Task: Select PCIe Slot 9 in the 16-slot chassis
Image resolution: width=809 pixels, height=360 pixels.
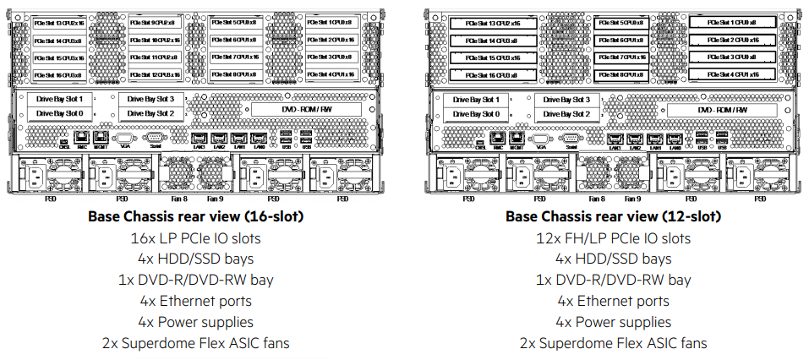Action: click(154, 23)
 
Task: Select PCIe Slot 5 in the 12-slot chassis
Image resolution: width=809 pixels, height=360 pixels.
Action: click(621, 23)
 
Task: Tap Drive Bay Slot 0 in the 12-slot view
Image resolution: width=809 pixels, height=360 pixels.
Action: click(475, 113)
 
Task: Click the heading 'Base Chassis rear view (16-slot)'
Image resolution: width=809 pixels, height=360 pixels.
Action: click(196, 217)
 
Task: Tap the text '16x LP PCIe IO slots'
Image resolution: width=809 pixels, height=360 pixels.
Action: click(196, 238)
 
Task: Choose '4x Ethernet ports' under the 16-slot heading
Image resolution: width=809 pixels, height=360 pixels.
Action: click(196, 301)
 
